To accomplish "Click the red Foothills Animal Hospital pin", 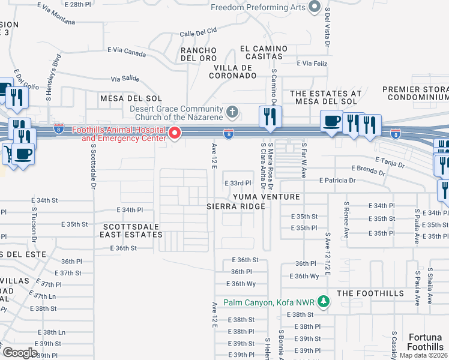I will (x=175, y=133).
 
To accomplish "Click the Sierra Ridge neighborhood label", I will (x=235, y=206).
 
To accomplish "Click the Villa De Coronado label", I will (x=233, y=71).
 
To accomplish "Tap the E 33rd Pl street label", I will (x=237, y=183).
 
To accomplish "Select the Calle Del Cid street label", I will (x=198, y=33).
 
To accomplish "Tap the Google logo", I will (x=20, y=353).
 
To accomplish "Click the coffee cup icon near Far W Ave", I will (x=331, y=121).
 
